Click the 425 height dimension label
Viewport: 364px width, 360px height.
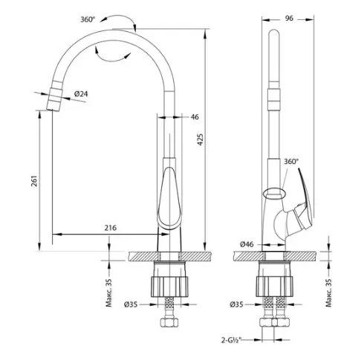[201, 140]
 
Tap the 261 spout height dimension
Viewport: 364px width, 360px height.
[34, 181]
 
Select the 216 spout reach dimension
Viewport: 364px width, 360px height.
[110, 228]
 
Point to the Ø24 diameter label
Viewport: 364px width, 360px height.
[81, 94]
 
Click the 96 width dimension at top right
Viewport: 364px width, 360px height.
[289, 18]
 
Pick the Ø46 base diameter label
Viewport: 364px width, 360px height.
[247, 244]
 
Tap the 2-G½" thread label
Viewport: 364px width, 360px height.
[231, 340]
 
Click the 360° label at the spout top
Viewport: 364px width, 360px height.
[88, 19]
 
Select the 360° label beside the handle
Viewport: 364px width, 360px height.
[291, 162]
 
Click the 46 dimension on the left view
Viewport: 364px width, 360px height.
[195, 117]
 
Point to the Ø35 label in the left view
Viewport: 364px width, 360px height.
[131, 304]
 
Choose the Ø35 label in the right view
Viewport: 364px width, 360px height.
[236, 304]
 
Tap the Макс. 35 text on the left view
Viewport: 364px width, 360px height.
[109, 292]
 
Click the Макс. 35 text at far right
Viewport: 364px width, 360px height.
[328, 292]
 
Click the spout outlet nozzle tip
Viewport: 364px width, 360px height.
[53, 109]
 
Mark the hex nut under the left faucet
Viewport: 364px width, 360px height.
[169, 322]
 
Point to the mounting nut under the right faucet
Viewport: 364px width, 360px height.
[275, 287]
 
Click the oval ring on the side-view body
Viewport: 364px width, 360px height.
[275, 193]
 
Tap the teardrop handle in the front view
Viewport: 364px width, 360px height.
[169, 198]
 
